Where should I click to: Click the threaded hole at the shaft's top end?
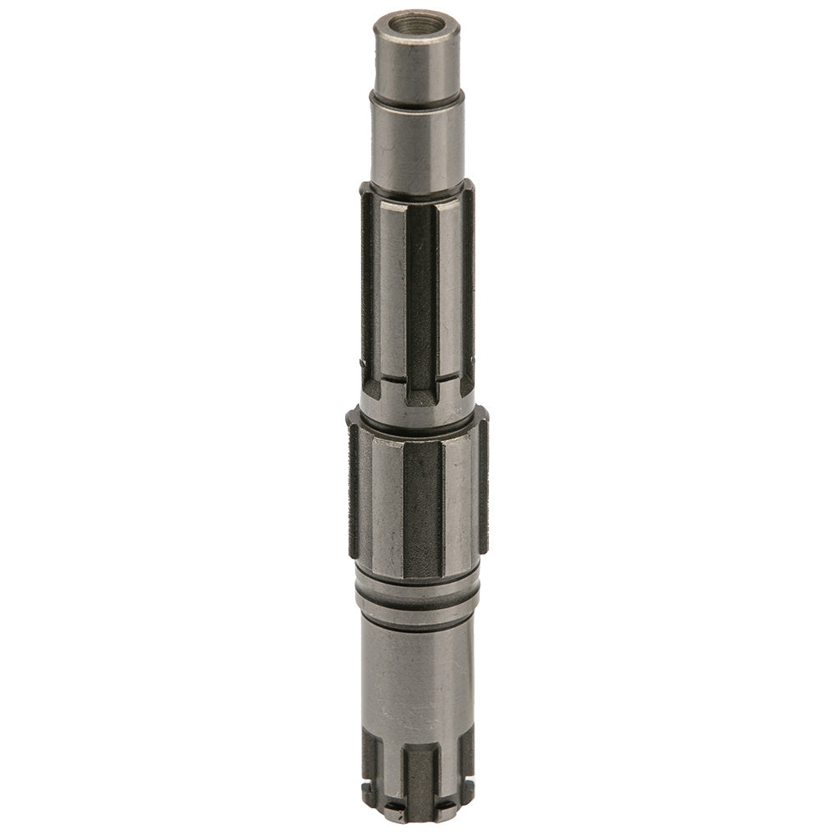coord(417,23)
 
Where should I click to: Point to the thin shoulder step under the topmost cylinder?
coord(417,100)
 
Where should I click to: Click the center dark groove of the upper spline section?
coord(423,292)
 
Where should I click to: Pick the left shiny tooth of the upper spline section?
coord(391,284)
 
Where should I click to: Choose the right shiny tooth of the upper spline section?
coord(450,284)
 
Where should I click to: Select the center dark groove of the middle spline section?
coord(423,509)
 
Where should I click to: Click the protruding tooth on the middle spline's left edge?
coord(354,492)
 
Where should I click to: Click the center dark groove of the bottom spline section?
coord(420,776)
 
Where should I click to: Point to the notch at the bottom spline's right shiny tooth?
coord(447,805)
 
